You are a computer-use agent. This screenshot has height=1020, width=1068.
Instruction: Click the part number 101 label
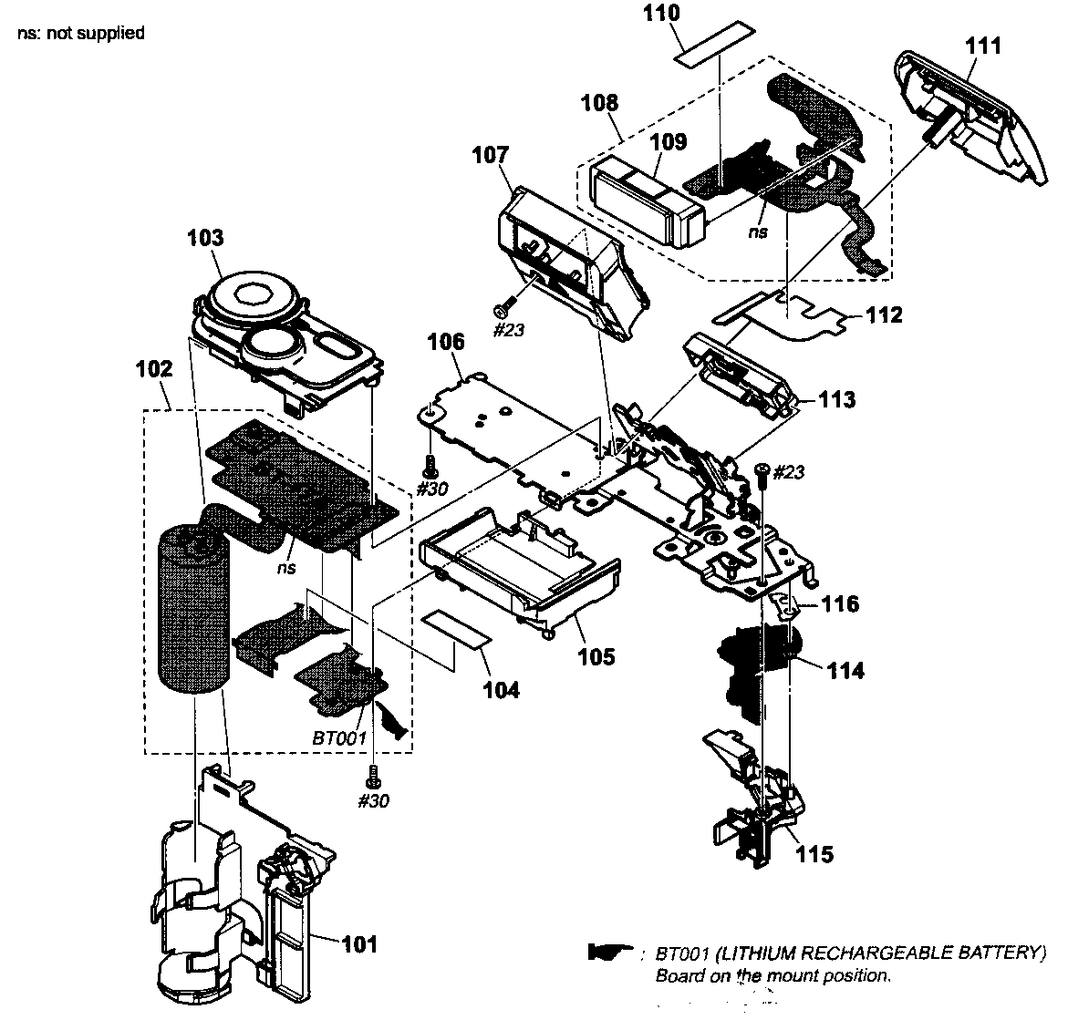click(x=358, y=945)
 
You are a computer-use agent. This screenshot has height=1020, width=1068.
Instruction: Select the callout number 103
click(x=205, y=239)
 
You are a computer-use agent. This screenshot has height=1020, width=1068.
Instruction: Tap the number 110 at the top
click(x=687, y=14)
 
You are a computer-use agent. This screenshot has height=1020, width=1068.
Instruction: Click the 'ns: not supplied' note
click(x=80, y=34)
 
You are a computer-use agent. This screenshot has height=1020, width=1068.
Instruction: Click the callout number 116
click(x=840, y=603)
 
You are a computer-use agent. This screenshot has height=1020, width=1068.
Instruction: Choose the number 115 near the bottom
click(x=814, y=854)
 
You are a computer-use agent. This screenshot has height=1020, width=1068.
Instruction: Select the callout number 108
click(x=599, y=102)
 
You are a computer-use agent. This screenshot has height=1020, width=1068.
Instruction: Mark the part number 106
click(x=446, y=343)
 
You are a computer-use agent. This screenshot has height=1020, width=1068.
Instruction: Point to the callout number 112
click(x=884, y=315)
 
